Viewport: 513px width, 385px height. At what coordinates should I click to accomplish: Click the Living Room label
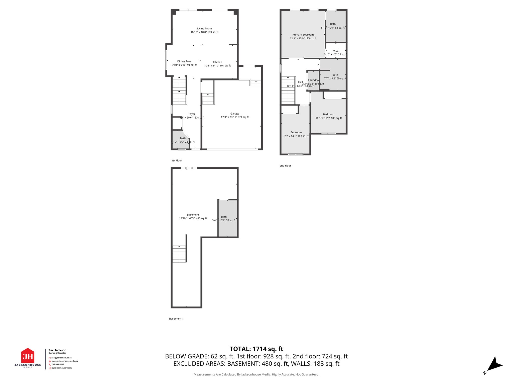(204, 29)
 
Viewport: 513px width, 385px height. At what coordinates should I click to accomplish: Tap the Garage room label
(235, 114)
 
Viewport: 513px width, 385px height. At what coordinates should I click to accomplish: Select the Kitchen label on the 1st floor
(217, 62)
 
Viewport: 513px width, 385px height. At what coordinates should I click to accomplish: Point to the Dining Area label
(184, 61)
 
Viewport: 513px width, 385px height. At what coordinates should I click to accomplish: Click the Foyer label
(192, 114)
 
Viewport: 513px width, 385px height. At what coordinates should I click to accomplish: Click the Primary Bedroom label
(303, 35)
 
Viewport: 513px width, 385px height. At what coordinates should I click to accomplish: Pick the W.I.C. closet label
(336, 51)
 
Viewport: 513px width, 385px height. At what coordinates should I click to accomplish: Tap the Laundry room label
(313, 80)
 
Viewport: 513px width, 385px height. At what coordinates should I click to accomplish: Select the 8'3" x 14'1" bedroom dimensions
(296, 136)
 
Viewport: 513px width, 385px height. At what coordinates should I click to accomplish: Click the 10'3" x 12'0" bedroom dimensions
(329, 118)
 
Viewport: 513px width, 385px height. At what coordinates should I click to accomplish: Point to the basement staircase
(179, 254)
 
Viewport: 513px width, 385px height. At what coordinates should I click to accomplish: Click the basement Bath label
(224, 217)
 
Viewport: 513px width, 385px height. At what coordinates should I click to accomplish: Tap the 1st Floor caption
(177, 161)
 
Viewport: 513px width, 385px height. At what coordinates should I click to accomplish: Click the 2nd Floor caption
(285, 166)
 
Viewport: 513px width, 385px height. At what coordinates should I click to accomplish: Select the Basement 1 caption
(176, 319)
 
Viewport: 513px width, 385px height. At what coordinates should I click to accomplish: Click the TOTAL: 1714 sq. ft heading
(256, 349)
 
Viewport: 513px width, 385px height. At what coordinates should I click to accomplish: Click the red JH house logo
(28, 355)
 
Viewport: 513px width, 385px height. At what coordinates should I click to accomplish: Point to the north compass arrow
(494, 365)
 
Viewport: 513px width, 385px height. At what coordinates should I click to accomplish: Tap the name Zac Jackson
(57, 350)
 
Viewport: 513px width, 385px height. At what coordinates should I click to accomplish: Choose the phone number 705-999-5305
(58, 364)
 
